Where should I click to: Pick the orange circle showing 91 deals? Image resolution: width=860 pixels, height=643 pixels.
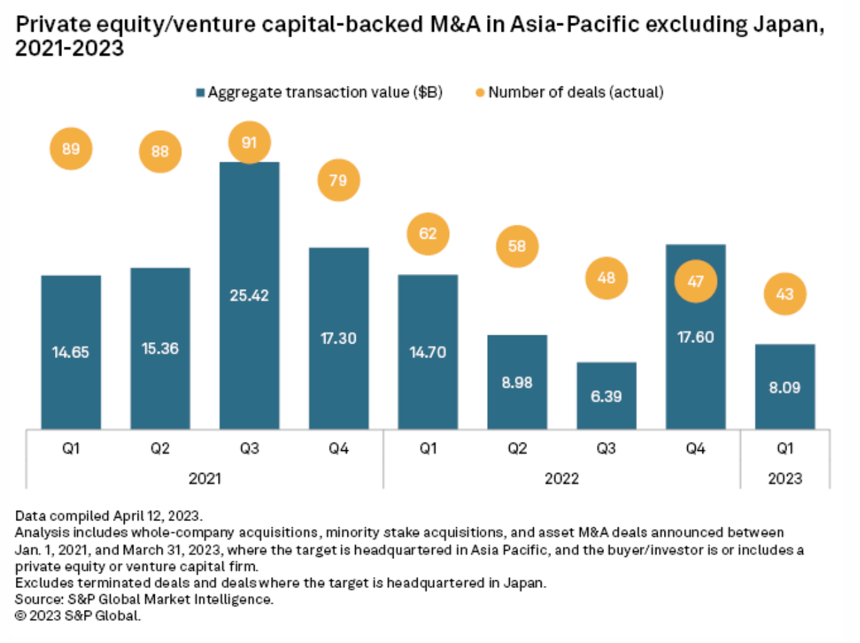pos(250,143)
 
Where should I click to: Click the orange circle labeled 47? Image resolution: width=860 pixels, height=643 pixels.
pos(696,282)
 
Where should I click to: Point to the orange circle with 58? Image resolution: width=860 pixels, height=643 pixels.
pos(517,245)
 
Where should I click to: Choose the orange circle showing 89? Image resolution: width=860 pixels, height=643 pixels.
pos(71,148)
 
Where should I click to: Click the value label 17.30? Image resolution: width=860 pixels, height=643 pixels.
pos(338,337)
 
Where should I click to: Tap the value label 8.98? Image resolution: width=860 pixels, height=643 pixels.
pos(517,382)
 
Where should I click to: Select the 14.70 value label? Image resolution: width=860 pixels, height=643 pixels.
pos(428,352)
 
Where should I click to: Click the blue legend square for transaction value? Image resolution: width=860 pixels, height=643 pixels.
pos(200,92)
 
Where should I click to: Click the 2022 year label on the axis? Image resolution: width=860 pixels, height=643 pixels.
pos(561,478)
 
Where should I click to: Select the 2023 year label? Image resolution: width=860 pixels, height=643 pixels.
pos(784,478)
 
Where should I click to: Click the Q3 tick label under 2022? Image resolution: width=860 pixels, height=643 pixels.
pos(606,449)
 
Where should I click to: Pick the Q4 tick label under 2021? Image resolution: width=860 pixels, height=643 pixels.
pos(338,449)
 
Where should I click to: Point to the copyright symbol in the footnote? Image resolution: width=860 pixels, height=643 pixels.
pos(20,616)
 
